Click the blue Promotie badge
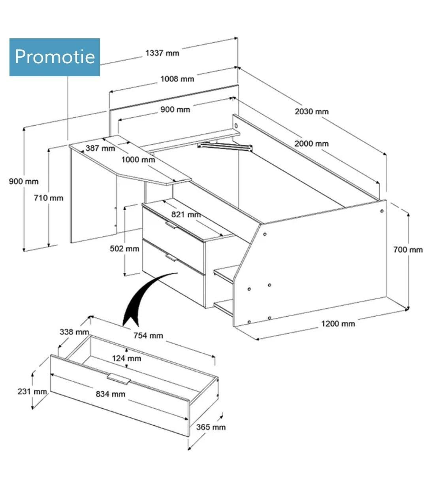[55, 57]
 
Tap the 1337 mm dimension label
[162, 53]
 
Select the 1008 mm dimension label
[177, 79]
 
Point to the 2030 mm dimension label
[311, 111]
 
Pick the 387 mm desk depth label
[100, 149]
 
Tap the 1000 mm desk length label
[138, 160]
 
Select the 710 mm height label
[48, 198]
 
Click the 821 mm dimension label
[186, 215]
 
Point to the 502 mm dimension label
[124, 249]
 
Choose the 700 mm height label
[408, 249]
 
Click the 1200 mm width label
[338, 324]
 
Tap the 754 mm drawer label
[148, 336]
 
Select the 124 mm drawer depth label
[126, 358]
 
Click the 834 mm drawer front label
[111, 394]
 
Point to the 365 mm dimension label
[211, 427]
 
